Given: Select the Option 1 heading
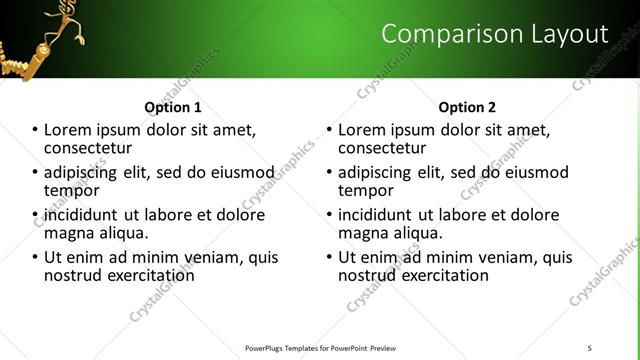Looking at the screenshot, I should (x=173, y=107).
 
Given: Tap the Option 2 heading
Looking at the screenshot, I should (x=467, y=107).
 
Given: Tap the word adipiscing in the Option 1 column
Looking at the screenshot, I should (x=81, y=172).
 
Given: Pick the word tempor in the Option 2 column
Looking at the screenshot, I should (x=366, y=190).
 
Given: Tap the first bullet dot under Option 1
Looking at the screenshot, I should (x=36, y=130).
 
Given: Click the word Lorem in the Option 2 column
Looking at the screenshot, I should (x=361, y=130).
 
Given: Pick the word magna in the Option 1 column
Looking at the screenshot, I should (x=69, y=233).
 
